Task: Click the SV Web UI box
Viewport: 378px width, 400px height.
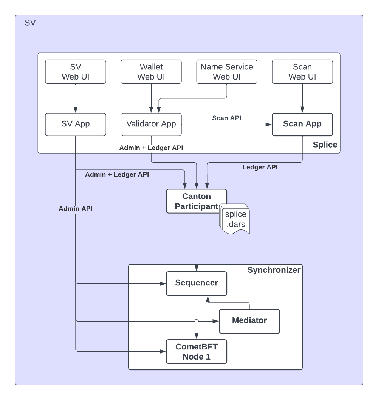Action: point(76,72)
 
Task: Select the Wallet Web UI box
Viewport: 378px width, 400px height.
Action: point(151,72)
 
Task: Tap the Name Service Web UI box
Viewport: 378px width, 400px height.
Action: point(227,72)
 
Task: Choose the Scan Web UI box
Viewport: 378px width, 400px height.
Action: point(302,72)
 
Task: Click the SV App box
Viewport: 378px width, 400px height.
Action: point(76,124)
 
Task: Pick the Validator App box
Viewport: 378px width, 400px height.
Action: point(151,124)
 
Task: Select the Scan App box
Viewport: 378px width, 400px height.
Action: point(302,124)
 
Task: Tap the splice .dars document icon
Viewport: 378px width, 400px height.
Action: point(235,220)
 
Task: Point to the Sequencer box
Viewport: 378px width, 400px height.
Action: point(197,283)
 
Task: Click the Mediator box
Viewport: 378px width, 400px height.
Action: point(249,321)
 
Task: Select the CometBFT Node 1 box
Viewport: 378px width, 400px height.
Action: point(197,351)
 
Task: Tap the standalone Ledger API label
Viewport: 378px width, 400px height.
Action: point(260,167)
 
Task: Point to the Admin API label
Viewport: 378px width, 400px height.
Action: point(76,209)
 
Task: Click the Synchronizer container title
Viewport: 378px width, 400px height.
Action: point(274,270)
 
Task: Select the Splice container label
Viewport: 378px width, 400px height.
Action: point(325,145)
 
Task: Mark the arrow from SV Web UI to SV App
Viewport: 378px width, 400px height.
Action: point(76,98)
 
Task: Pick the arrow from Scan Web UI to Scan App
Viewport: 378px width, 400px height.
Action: point(302,98)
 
